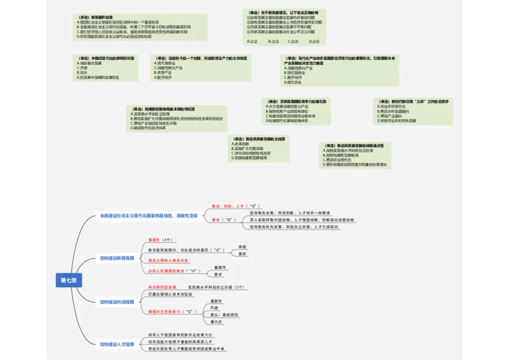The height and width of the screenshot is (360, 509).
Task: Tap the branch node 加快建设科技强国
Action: (x=116, y=301)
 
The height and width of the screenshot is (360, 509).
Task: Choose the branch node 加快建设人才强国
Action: (x=116, y=344)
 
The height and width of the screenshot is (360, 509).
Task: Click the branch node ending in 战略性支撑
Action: (x=148, y=216)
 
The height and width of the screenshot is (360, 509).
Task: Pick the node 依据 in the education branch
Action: (x=242, y=246)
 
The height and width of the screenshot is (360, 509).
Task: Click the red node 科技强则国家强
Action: (x=162, y=287)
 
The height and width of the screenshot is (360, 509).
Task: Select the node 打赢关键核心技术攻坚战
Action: (x=170, y=294)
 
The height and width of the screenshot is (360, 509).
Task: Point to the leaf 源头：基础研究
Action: (x=225, y=315)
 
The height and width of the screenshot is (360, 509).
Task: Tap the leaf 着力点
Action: (x=216, y=322)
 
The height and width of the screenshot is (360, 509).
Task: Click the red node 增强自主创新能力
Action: (x=172, y=312)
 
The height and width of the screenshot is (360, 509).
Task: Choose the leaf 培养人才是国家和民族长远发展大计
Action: (x=181, y=335)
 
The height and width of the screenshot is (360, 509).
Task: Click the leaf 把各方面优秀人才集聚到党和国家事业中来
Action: (x=186, y=349)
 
